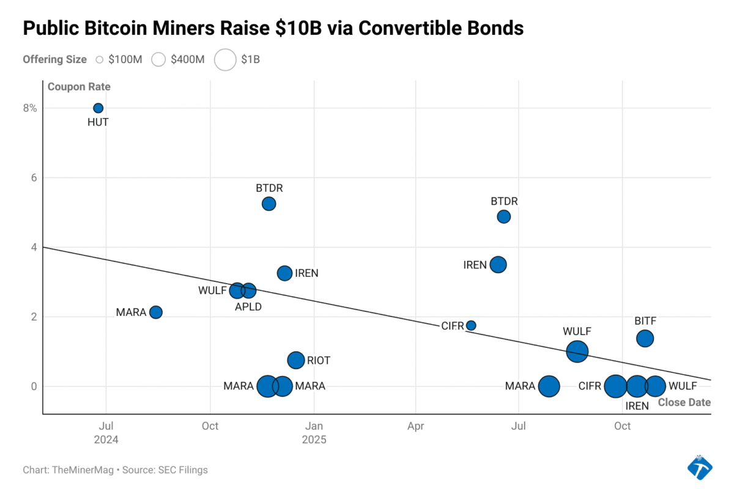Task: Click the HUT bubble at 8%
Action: (x=98, y=108)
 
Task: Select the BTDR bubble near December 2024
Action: (x=269, y=204)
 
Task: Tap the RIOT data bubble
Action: (x=296, y=360)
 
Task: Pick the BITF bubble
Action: (x=645, y=338)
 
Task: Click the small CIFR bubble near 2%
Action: (x=471, y=325)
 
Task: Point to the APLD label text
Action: (x=248, y=307)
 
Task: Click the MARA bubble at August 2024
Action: (x=156, y=312)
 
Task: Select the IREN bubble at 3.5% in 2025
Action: (x=499, y=265)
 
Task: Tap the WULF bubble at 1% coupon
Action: (x=577, y=351)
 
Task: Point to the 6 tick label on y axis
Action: (x=34, y=178)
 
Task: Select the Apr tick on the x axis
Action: (x=416, y=426)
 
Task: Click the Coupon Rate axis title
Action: (x=79, y=87)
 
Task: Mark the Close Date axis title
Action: (x=684, y=402)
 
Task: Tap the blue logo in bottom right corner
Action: (x=699, y=467)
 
